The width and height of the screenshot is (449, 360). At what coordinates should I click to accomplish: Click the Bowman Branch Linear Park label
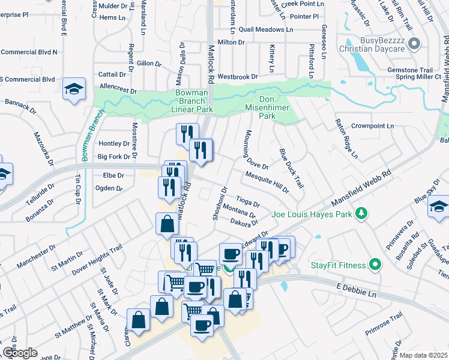pyautogui.click(x=194, y=101)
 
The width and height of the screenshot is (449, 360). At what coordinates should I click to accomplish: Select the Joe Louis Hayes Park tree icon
pyautogui.click(x=361, y=212)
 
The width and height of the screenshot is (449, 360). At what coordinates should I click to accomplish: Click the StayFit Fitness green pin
pyautogui.click(x=375, y=264)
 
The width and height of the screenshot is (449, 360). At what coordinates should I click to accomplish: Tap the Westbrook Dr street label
pyautogui.click(x=237, y=77)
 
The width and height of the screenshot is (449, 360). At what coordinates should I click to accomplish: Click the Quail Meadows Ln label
pyautogui.click(x=265, y=29)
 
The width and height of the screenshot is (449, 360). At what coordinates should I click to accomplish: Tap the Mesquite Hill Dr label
pyautogui.click(x=268, y=182)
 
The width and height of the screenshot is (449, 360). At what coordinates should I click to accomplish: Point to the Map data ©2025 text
pyautogui.click(x=423, y=355)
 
